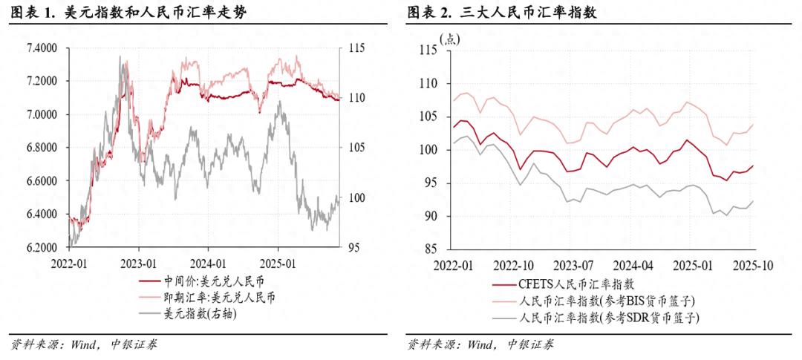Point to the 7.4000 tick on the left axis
coord(42,48)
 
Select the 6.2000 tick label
coord(42,247)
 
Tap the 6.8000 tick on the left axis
coord(42,148)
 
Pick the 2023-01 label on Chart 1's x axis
coord(139,263)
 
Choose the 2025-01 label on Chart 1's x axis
coord(278,263)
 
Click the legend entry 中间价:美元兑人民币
coord(208,281)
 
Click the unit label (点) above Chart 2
coord(451,39)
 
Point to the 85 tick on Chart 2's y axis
coord(428,249)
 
